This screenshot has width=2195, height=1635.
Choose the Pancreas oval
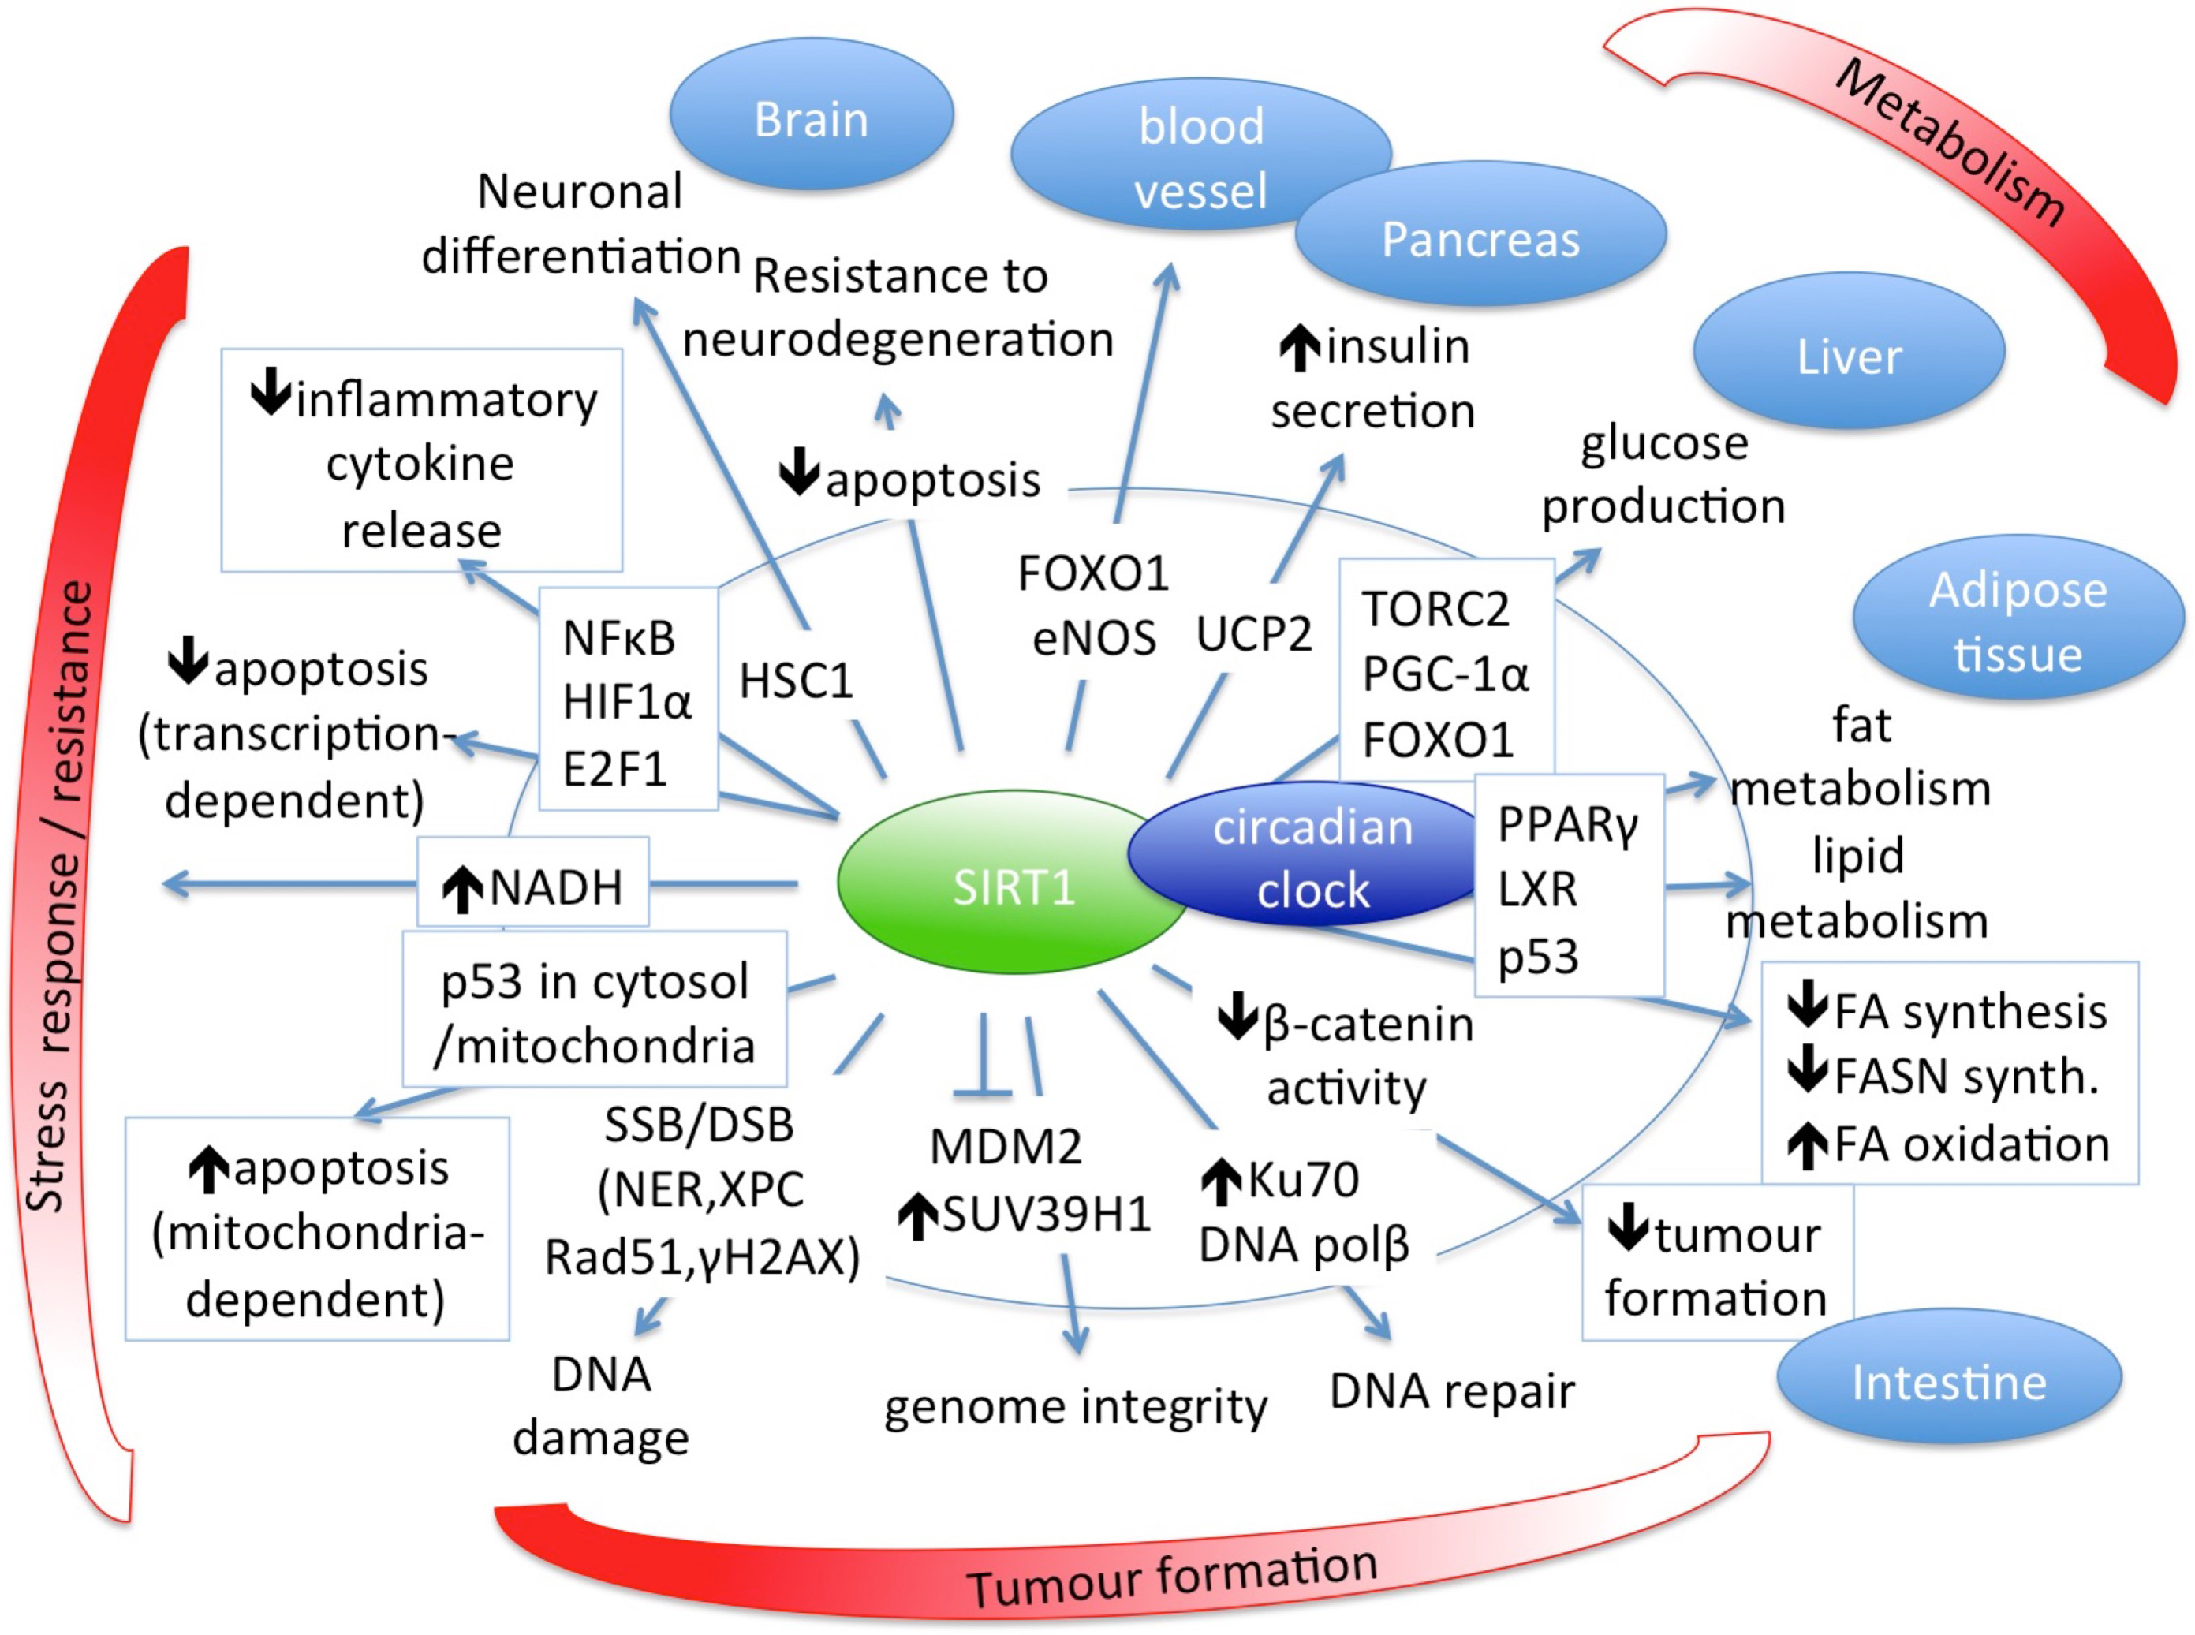coord(1480,238)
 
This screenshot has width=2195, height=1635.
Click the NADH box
coord(533,886)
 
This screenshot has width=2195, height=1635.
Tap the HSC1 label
coord(796,681)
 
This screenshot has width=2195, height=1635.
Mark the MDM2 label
coord(1006,1147)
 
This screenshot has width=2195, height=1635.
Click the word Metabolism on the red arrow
coord(1950,144)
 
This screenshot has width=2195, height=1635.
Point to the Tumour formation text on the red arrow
coord(1172,1573)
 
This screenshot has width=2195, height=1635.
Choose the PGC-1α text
coord(1445,674)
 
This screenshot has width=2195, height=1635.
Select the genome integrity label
coord(1075,1406)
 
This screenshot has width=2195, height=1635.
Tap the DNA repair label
coord(1452,1390)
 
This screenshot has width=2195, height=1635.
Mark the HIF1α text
coord(626,702)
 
